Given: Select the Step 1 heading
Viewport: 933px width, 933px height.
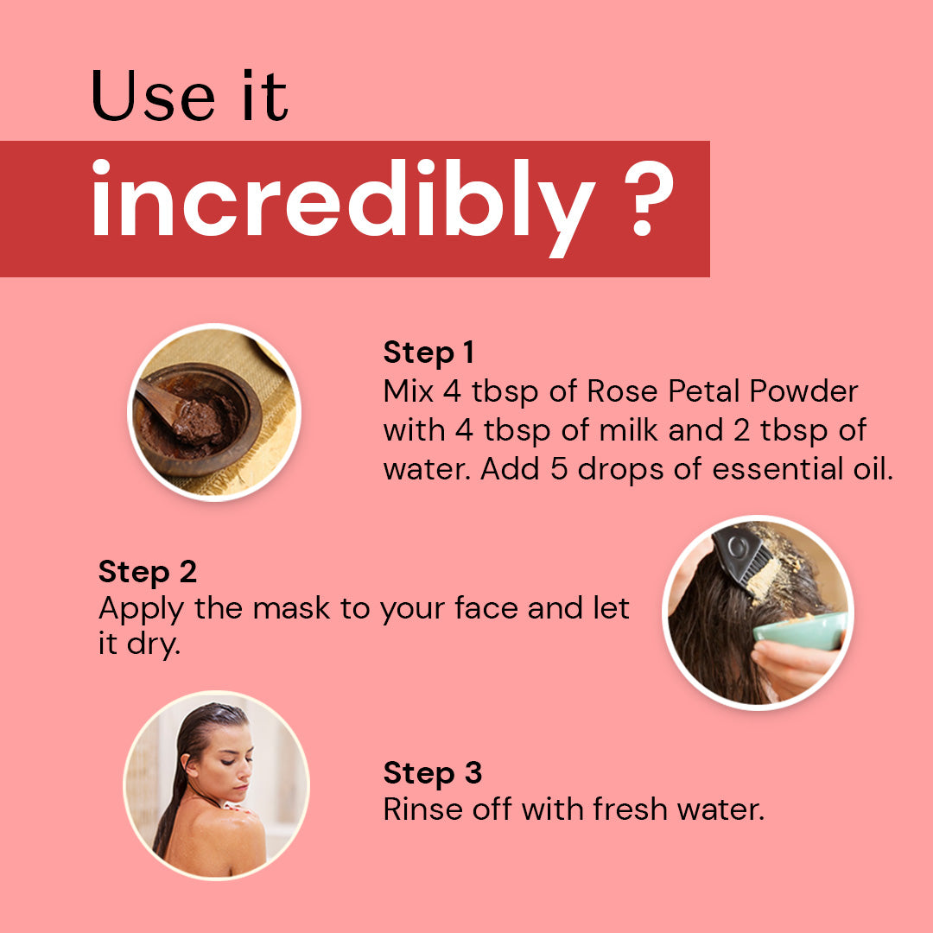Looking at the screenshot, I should (x=428, y=352).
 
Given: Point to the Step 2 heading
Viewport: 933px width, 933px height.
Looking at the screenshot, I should (x=148, y=572).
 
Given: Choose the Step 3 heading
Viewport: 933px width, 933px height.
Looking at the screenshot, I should (x=432, y=772).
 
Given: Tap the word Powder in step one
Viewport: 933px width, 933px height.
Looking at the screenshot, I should (x=803, y=391).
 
